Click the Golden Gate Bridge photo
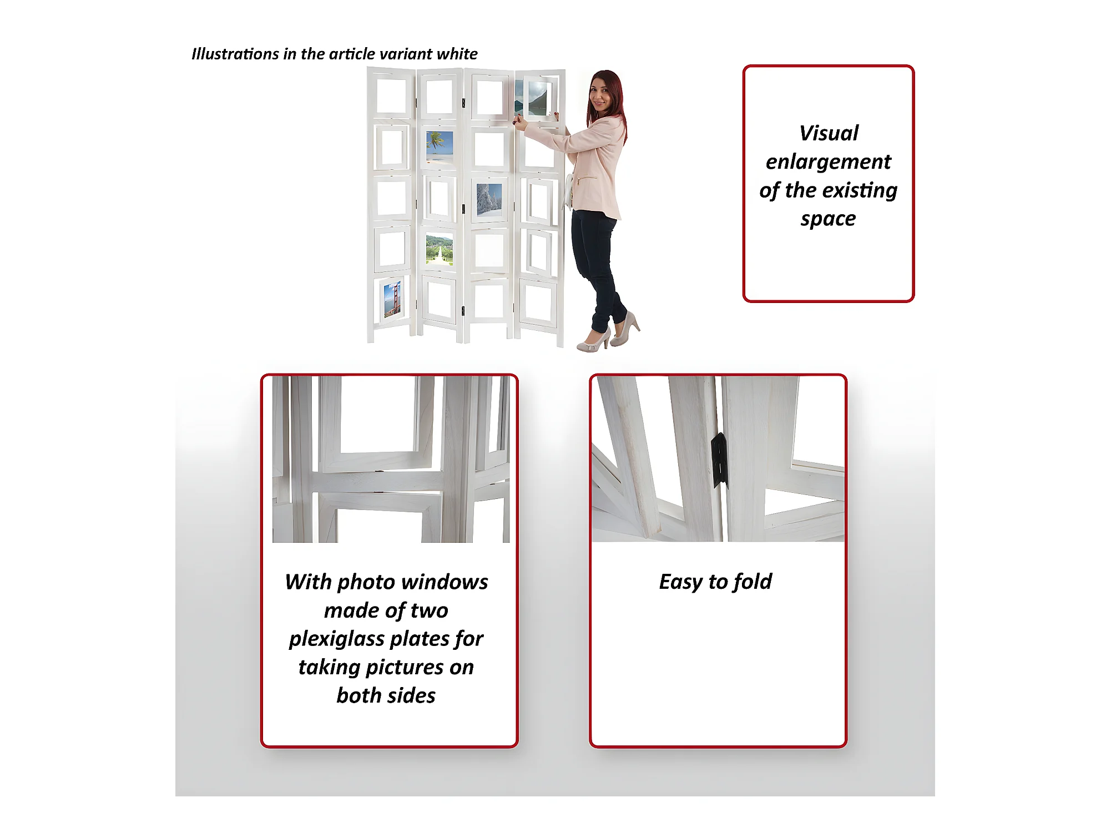pyautogui.click(x=392, y=300)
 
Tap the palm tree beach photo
pyautogui.click(x=440, y=147)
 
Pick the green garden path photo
pyautogui.click(x=440, y=250)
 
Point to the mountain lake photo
pyautogui.click(x=531, y=98)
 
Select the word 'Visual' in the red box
pyautogui.click(x=829, y=133)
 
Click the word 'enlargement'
pyautogui.click(x=828, y=162)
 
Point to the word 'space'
pyautogui.click(x=828, y=219)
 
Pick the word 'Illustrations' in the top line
pyautogui.click(x=235, y=54)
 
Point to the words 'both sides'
pyautogui.click(x=386, y=695)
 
